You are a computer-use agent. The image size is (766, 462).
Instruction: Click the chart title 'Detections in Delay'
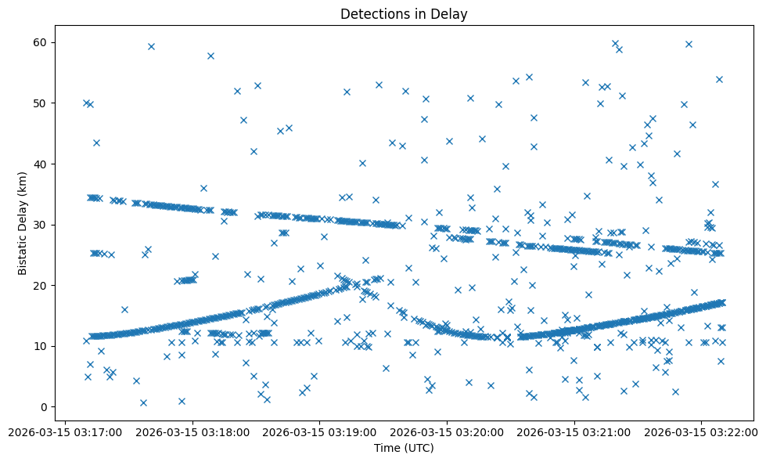[x=404, y=13]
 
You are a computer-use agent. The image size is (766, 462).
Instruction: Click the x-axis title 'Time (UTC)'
[x=404, y=448]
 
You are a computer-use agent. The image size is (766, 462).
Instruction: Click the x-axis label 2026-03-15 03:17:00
[x=65, y=431]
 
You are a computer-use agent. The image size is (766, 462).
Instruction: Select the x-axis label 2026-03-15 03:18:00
[x=192, y=431]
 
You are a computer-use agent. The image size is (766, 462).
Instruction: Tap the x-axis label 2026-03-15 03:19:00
[x=319, y=431]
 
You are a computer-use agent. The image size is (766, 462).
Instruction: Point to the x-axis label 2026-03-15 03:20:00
[x=446, y=431]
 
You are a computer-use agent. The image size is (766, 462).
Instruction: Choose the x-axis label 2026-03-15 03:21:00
[x=573, y=431]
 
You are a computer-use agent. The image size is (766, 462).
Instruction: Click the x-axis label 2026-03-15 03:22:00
[x=699, y=431]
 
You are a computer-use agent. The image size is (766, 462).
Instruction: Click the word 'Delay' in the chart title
[x=452, y=13]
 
